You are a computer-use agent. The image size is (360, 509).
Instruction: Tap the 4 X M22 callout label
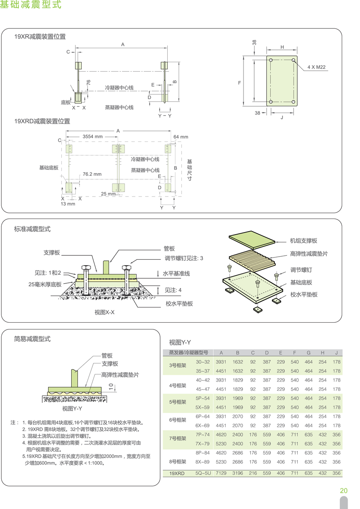tap(316, 67)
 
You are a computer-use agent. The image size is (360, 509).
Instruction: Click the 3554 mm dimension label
tap(92, 137)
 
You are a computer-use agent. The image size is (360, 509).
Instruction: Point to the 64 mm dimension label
tap(181, 137)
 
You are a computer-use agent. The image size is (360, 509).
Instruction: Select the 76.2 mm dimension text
tap(92, 174)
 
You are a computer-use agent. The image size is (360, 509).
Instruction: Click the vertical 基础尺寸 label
tap(189, 170)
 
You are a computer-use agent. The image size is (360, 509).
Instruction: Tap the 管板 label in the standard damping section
tap(169, 249)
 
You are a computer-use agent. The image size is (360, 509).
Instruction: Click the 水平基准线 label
tap(176, 274)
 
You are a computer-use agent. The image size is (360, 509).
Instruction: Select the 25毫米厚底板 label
tap(45, 284)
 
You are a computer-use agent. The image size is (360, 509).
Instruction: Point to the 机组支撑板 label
tap(303, 241)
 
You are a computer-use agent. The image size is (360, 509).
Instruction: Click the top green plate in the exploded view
tap(252, 240)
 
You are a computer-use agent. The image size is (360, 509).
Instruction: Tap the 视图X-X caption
tap(105, 313)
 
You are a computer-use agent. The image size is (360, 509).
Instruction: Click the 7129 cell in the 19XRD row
tap(221, 473)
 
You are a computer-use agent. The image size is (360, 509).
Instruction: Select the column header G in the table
tap(308, 353)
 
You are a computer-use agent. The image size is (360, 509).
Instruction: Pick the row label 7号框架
tap(177, 438)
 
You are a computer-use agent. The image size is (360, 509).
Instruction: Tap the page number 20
tap(343, 491)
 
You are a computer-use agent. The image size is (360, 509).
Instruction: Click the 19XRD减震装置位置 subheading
tap(42, 121)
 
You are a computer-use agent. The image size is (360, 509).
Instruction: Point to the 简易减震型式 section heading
tap(32, 339)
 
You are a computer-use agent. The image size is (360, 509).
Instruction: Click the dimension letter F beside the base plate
tap(239, 83)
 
